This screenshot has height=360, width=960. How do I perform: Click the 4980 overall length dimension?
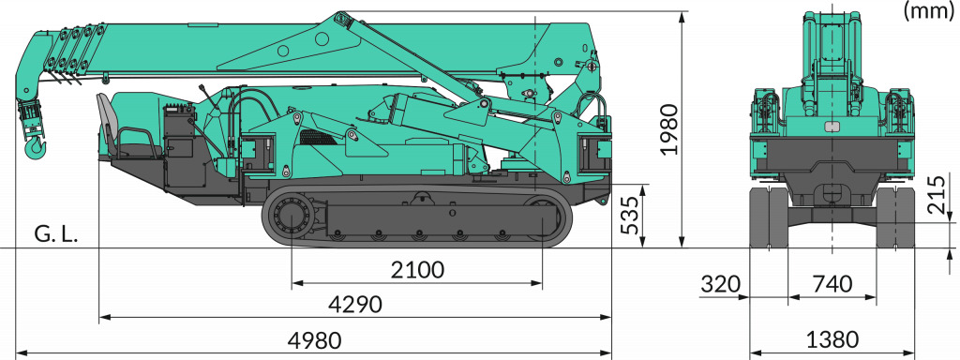pos(314,340)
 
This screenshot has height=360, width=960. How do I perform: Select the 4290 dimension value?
pos(355,305)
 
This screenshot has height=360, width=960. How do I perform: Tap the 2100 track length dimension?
pos(417,269)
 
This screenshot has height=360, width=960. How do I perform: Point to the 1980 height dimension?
pos(670,129)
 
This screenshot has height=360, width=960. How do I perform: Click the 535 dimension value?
pos(630,216)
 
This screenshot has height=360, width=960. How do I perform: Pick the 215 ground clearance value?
pos(937,195)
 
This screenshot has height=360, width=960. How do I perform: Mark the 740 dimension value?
pos(832,285)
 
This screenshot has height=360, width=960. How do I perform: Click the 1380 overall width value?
pos(832,339)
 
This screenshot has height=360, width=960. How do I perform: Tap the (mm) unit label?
pos(929,10)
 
